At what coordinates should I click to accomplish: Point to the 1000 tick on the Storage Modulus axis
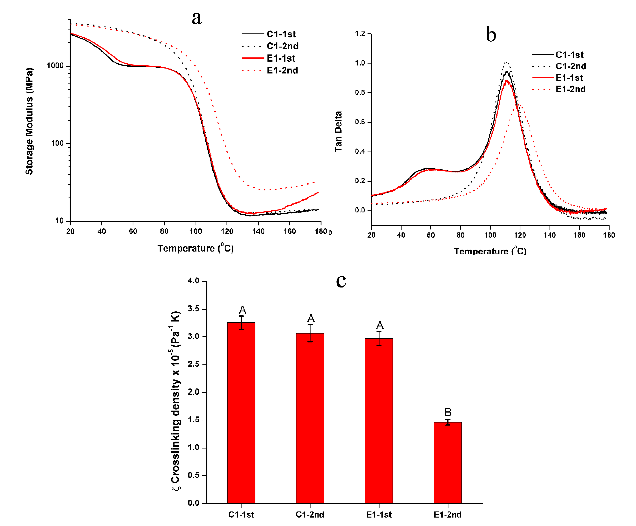pos(55,66)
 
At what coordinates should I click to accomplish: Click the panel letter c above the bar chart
pos(341,281)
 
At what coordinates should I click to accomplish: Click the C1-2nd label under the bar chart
pos(310,514)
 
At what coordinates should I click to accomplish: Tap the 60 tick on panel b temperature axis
pos(431,235)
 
